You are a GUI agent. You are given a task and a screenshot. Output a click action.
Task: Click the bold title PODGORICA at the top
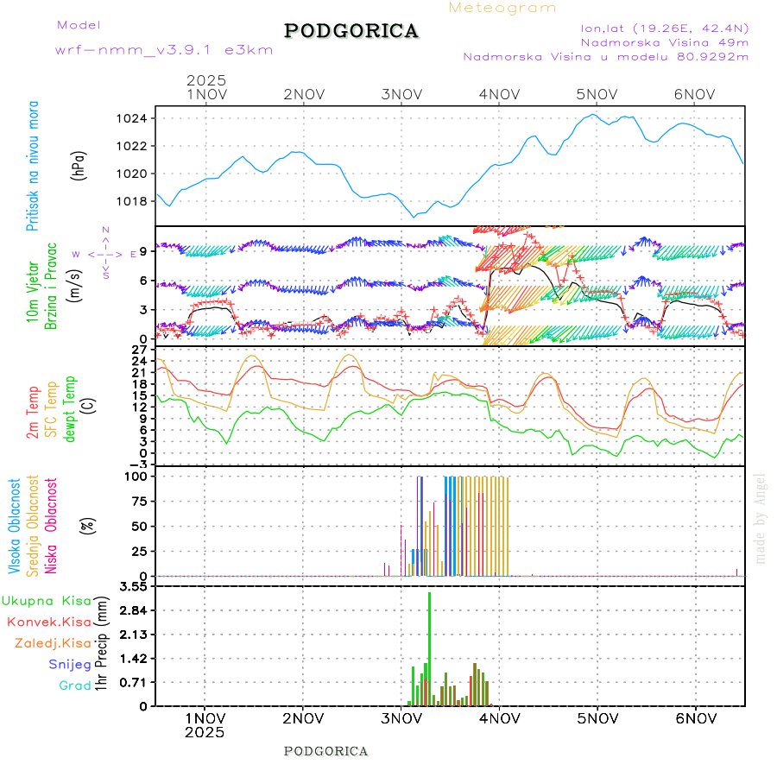point(351,31)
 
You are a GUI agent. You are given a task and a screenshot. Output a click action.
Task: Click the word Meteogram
point(502,8)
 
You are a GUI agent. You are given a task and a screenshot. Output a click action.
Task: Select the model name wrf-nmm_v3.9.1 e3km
point(164,50)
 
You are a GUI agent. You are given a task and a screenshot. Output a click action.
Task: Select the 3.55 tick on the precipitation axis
point(133,586)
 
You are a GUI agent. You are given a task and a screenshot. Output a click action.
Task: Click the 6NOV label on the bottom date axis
point(695,717)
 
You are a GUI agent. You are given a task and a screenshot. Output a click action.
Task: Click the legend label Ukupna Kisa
point(47,600)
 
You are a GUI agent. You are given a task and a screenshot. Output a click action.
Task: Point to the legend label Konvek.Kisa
point(48,622)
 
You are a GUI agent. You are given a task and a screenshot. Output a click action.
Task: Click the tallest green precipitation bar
point(429,647)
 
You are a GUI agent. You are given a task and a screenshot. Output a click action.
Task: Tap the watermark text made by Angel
point(761,518)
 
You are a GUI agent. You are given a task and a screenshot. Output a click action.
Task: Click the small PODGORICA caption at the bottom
point(326,751)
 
